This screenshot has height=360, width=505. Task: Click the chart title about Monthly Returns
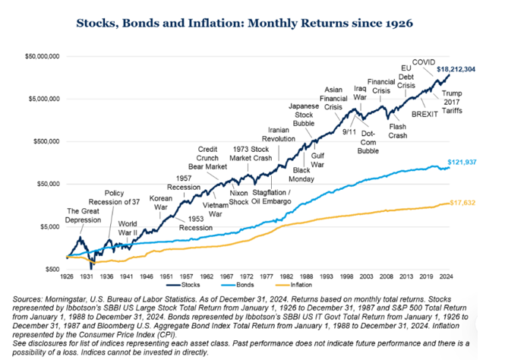245,23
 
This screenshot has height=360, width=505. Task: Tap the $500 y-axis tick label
51,269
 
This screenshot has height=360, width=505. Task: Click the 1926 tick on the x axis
68,277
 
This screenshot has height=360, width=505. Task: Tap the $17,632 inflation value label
463,203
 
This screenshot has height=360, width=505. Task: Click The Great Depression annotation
84,215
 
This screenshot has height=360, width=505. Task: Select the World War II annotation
128,228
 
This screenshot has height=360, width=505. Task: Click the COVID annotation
424,61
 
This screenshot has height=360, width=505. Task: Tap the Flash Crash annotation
398,131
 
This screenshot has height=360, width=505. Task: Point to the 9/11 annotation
349,131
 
